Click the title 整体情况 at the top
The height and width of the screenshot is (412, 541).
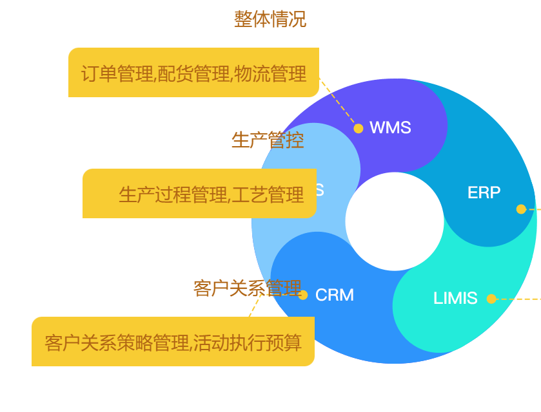(x=270, y=19)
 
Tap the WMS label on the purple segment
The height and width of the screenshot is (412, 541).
(x=390, y=127)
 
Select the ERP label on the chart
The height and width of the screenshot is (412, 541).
(x=484, y=192)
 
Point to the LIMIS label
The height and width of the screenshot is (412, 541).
(x=455, y=298)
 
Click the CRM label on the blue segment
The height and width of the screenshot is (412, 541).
(x=335, y=295)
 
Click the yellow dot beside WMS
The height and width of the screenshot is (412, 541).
(x=359, y=128)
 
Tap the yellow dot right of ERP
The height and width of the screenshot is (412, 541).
(x=521, y=209)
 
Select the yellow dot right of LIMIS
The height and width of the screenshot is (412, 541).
(x=491, y=299)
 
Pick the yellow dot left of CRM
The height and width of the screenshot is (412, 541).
(x=303, y=295)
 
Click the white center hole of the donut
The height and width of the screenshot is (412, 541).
(x=395, y=221)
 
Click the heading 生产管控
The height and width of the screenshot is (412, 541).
(x=268, y=140)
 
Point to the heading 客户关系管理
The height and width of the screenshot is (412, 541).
(x=247, y=288)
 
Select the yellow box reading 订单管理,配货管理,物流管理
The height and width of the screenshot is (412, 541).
(x=193, y=73)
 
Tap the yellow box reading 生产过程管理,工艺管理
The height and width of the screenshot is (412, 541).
(x=199, y=194)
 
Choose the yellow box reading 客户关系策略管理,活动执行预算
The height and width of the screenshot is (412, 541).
(x=173, y=342)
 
